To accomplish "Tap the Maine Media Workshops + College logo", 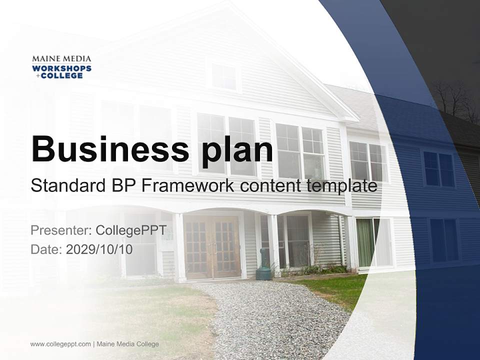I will point(61,67).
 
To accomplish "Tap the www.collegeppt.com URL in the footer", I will point(60,344).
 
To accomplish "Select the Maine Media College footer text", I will point(127,344).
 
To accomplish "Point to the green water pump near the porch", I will point(263,265).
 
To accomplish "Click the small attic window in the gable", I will point(223,77).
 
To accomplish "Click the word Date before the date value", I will point(46,249).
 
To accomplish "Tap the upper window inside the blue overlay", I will point(438,169).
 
